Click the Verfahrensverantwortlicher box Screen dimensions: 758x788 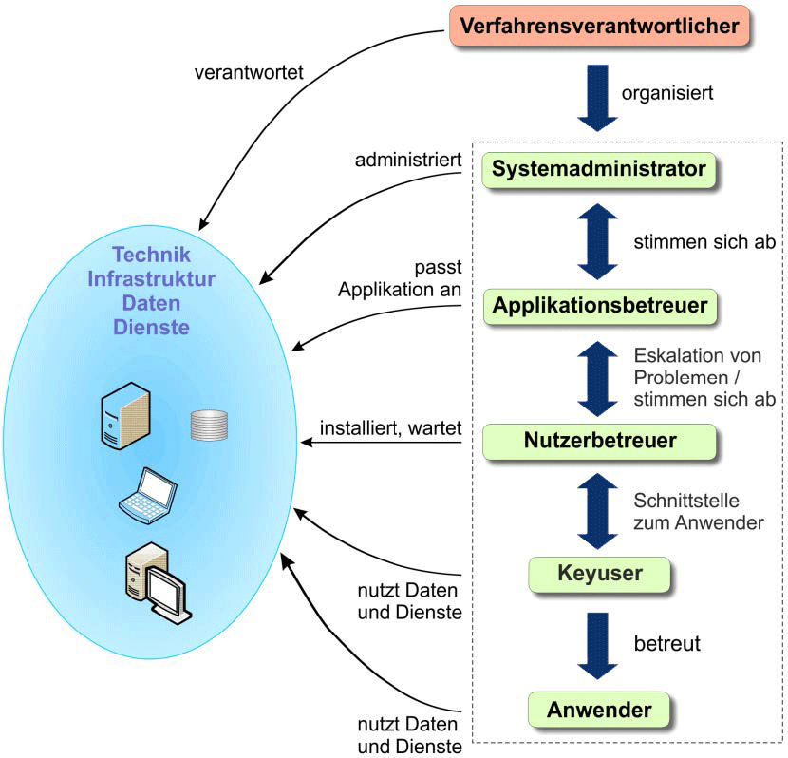pyautogui.click(x=600, y=26)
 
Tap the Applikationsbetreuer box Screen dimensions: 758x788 pyautogui.click(x=600, y=306)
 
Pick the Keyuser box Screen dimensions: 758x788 pyautogui.click(x=599, y=574)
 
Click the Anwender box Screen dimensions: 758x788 pyautogui.click(x=599, y=710)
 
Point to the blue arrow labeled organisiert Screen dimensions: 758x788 pyautogui.click(x=597, y=95)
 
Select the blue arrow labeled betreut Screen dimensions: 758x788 pyautogui.click(x=598, y=644)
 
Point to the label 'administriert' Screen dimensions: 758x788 pyautogui.click(x=408, y=160)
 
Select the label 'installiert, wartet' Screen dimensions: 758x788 pyautogui.click(x=390, y=428)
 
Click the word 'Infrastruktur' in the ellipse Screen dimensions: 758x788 pyautogui.click(x=151, y=278)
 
